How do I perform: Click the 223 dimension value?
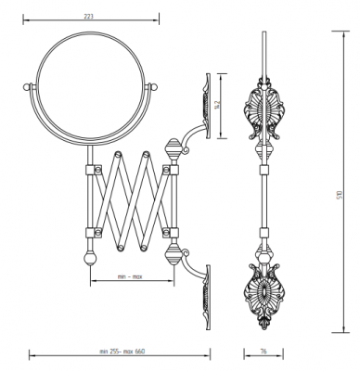88,17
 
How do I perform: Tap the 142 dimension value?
217,105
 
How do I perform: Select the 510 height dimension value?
341,195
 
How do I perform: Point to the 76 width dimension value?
264,352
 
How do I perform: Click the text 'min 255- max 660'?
122,352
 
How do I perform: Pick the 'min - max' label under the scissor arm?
130,276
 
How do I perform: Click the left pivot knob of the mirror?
27,86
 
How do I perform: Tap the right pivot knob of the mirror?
154,86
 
